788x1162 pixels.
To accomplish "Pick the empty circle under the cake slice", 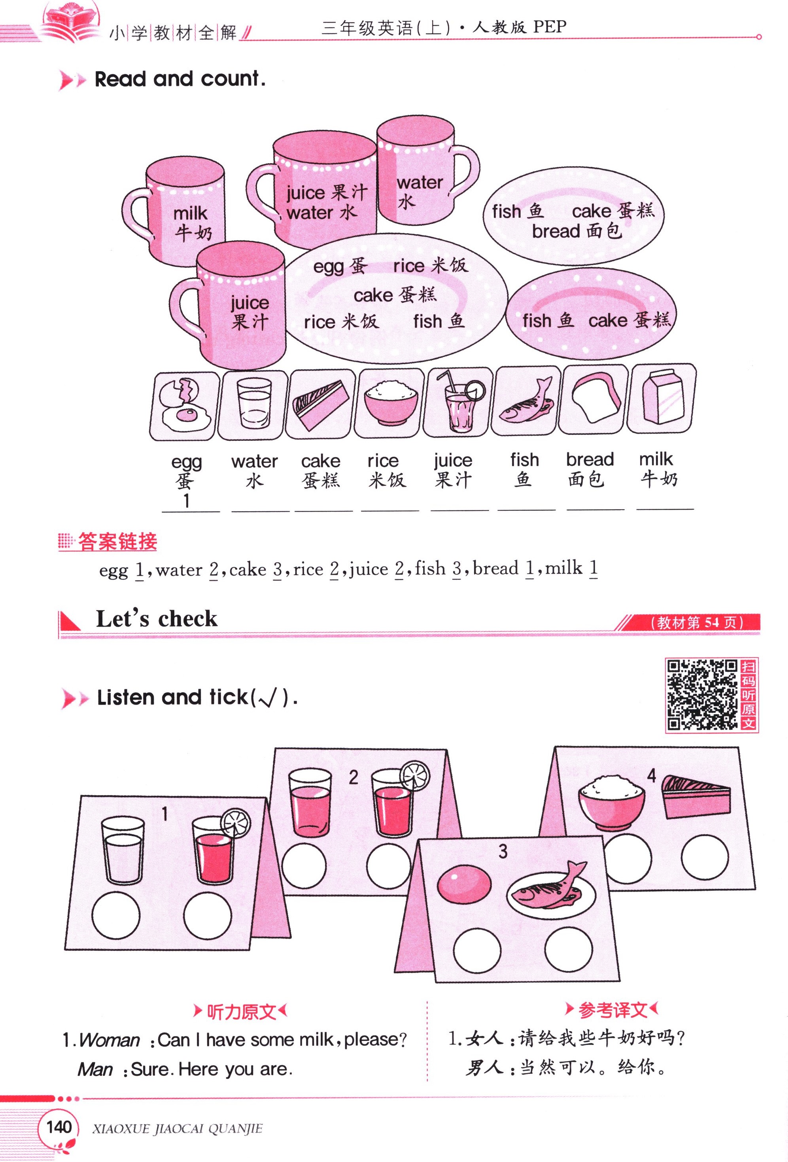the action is (x=704, y=857).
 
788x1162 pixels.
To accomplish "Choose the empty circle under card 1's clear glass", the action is (x=115, y=916).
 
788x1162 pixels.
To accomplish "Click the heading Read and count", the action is (x=180, y=79).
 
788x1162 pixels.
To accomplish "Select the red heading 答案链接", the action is (x=117, y=542).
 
